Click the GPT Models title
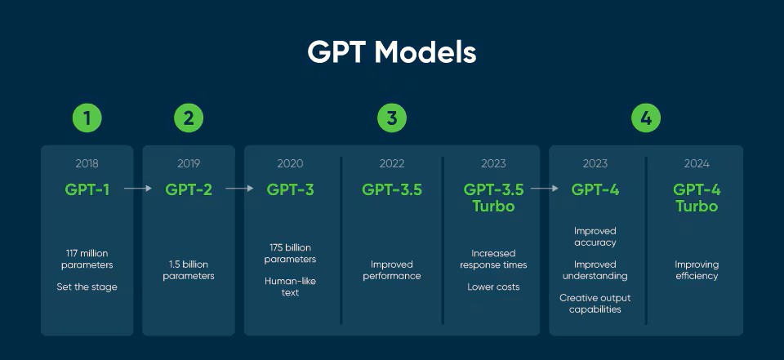(391, 52)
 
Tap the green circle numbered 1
(87, 118)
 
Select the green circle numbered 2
(189, 118)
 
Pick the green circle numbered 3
(392, 118)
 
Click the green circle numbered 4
(646, 118)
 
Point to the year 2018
(87, 163)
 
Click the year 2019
(189, 163)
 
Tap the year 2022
(392, 163)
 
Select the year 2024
(697, 163)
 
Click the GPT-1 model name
(87, 189)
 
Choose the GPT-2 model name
(189, 189)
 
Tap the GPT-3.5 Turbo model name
(493, 198)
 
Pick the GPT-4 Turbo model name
(697, 198)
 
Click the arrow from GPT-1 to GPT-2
(137, 189)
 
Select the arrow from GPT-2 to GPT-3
(239, 189)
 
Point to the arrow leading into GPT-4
(545, 189)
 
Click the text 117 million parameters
(87, 259)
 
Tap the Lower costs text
(493, 287)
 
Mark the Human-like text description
(290, 287)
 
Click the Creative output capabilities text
(595, 304)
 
